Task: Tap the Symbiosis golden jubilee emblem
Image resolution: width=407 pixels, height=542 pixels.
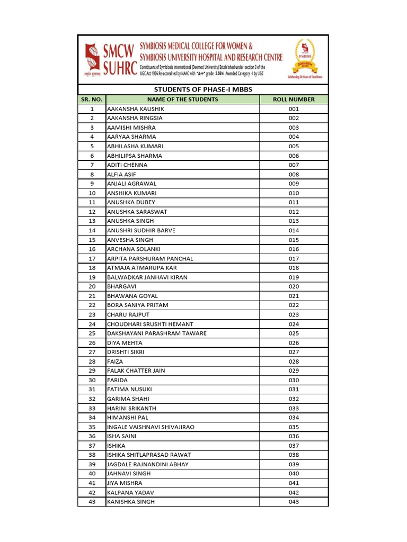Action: click(304, 58)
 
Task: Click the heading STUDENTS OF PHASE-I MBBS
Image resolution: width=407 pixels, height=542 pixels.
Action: click(203, 89)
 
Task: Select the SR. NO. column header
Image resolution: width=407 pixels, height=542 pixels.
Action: click(92, 100)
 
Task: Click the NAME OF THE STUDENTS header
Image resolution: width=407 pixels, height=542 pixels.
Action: click(182, 100)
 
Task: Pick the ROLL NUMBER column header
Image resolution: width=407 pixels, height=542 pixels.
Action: click(294, 100)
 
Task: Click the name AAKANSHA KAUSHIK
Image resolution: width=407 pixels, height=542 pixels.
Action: click(132, 109)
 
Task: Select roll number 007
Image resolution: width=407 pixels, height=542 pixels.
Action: click(294, 165)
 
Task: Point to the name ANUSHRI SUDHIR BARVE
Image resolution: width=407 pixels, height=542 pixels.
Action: click(141, 231)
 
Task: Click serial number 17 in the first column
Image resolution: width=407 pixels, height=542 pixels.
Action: click(92, 259)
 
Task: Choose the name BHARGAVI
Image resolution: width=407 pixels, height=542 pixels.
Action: click(121, 287)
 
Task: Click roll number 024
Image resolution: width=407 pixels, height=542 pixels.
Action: click(294, 324)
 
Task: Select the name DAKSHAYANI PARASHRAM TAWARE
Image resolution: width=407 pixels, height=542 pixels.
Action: click(157, 333)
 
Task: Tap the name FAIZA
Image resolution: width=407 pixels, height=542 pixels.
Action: click(115, 362)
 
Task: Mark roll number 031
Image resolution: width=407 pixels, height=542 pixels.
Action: click(294, 390)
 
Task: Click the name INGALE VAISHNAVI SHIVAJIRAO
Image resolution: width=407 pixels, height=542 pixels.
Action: click(151, 427)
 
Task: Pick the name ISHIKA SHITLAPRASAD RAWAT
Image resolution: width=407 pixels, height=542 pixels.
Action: click(149, 455)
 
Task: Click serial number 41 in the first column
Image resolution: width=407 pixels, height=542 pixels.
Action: click(92, 483)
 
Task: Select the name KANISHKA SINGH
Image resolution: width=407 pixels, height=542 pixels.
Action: click(131, 502)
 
